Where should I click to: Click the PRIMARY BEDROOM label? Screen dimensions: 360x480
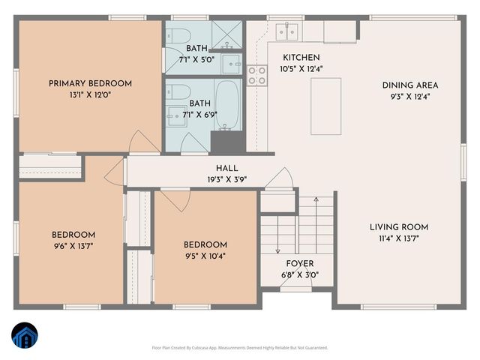[x=90, y=83]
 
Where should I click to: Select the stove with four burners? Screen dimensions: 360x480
[x=256, y=73]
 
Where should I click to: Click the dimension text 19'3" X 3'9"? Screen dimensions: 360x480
[x=227, y=180]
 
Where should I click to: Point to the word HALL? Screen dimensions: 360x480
[x=227, y=169]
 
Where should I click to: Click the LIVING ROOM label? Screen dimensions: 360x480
[x=398, y=227]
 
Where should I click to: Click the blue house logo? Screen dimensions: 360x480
[x=24, y=335]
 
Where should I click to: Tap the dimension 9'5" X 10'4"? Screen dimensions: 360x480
[x=205, y=256]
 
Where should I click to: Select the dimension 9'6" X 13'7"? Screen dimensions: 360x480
[x=73, y=245]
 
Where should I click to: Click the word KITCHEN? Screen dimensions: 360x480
[x=301, y=58]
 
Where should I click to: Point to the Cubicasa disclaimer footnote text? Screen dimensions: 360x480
[x=240, y=348]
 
